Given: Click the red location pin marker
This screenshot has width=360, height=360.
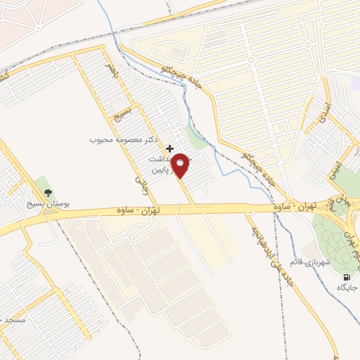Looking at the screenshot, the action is click(x=181, y=166).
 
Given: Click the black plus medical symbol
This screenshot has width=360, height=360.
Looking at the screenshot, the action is click(x=169, y=148).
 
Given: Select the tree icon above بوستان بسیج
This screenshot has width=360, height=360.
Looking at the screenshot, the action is click(x=48, y=192).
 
